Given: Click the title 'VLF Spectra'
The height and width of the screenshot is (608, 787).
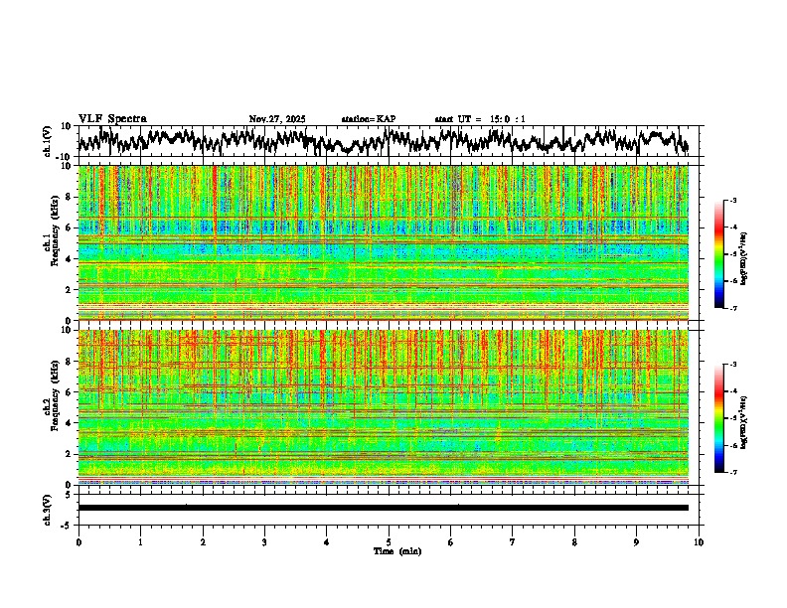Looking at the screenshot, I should [x=112, y=118].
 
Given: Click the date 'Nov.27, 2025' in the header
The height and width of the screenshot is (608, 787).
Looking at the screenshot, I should [x=277, y=119].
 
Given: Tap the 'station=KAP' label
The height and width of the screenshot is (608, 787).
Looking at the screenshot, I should [x=368, y=119].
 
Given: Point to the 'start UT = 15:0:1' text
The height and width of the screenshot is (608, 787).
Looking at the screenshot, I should [x=480, y=119].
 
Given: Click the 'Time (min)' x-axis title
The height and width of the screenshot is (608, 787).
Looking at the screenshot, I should [x=396, y=550].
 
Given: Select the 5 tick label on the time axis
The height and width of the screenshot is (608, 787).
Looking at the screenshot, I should [x=389, y=542].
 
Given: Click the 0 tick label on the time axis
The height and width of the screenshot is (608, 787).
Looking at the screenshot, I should [x=79, y=542].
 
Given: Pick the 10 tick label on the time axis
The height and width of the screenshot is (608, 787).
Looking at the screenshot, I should [x=699, y=542].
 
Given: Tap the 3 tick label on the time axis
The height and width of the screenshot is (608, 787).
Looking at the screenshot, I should [x=264, y=542].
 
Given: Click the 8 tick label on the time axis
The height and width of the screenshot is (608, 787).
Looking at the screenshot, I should [x=574, y=542].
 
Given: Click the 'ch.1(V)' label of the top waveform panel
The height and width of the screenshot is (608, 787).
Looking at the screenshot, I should [x=48, y=141].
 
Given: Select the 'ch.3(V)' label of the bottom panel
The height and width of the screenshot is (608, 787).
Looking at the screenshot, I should [x=48, y=508].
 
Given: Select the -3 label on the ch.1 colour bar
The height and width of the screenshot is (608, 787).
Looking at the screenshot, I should [x=733, y=202].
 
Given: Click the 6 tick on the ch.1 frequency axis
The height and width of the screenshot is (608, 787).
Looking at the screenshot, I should [x=69, y=228].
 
